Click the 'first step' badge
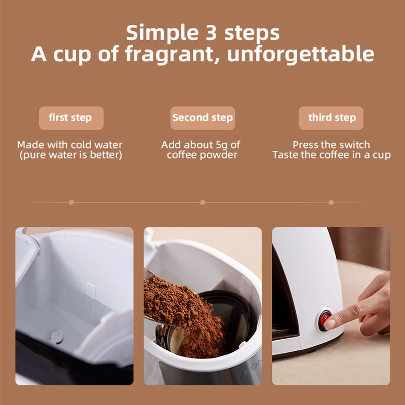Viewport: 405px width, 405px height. pos(71,118)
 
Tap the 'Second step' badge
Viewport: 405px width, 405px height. pos(202,118)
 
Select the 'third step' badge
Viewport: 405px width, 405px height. pos(332,118)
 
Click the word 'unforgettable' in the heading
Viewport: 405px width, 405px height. pos(301,54)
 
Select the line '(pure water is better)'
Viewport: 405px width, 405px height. pos(70,155)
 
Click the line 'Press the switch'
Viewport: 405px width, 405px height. pos(331,145)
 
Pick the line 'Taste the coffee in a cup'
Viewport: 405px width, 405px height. pos(331,155)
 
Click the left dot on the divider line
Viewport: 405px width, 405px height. pos(71,202)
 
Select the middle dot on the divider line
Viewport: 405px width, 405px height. pos(202,202)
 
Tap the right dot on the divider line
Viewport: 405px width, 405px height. pos(331,202)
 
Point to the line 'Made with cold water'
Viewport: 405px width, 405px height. pos(70,145)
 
